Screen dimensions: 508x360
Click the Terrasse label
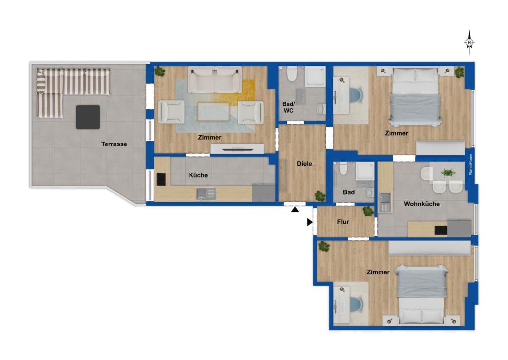(114, 144)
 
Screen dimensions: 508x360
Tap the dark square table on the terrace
(88, 117)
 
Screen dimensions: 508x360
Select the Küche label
(198, 175)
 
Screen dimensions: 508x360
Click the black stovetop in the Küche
(161, 179)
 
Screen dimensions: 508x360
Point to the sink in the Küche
(206, 194)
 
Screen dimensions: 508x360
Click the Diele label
(304, 164)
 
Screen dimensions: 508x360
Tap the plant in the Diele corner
(320, 196)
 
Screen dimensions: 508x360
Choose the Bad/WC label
(288, 107)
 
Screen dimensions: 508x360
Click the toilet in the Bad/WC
(292, 73)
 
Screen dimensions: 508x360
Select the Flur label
(343, 222)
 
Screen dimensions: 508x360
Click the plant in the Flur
(368, 211)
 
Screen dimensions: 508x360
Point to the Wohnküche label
(422, 204)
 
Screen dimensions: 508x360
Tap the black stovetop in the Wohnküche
(441, 230)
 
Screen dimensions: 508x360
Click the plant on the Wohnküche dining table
(448, 173)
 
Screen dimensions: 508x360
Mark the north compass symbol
(469, 43)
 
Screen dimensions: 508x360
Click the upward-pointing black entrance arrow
(295, 210)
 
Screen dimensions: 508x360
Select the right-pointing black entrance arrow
(310, 222)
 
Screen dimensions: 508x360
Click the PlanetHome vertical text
(471, 165)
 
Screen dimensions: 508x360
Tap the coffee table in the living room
(213, 112)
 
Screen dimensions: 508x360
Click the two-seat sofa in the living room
(215, 79)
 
